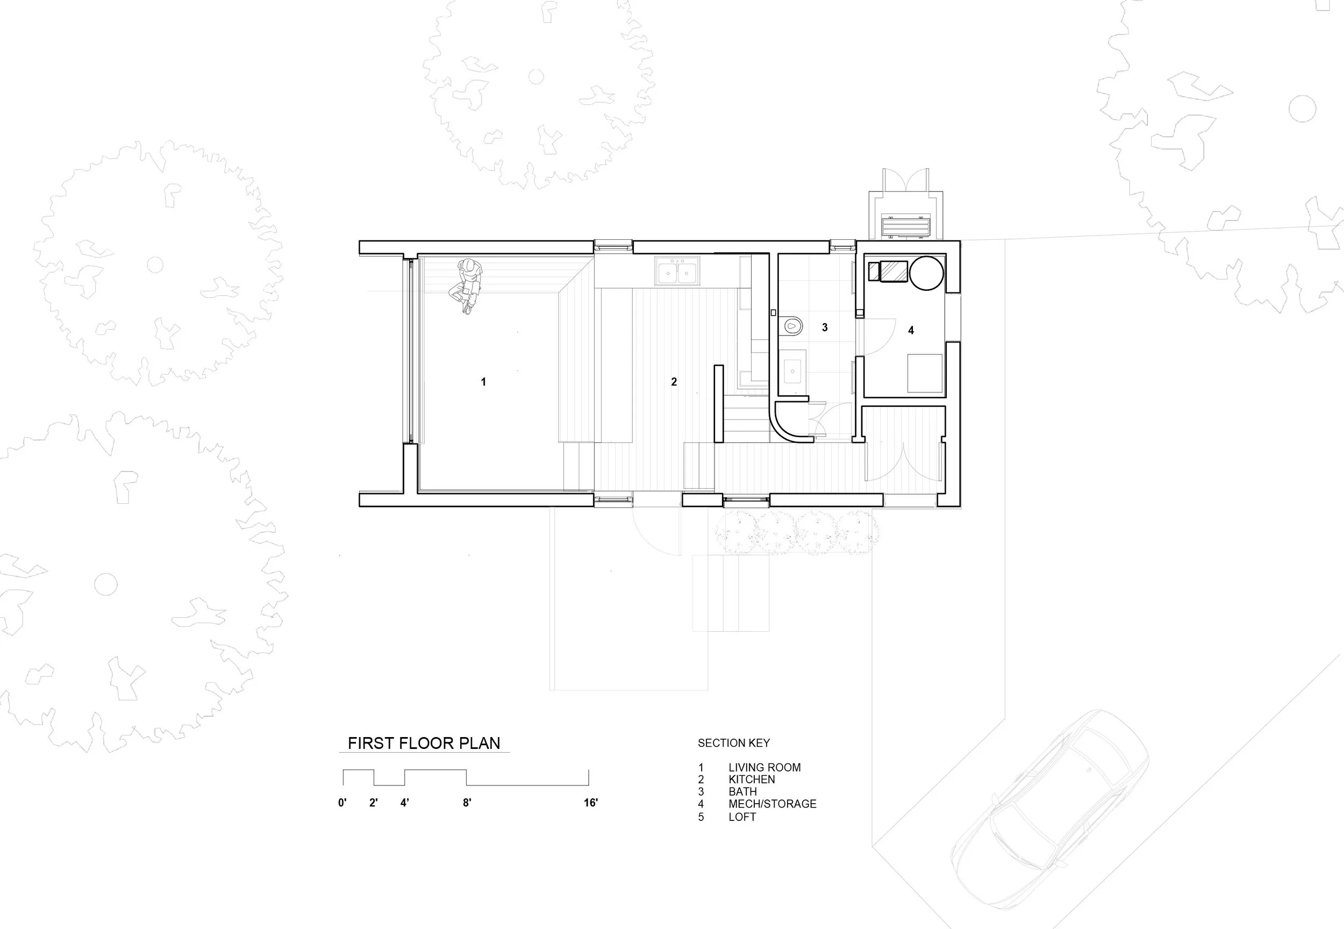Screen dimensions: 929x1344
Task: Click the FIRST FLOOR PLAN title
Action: [x=424, y=744]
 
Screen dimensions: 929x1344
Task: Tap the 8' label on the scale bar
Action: [x=467, y=803]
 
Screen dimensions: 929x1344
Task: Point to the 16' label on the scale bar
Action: [x=590, y=803]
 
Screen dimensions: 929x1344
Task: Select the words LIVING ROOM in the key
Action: [x=764, y=768]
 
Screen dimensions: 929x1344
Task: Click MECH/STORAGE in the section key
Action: [x=772, y=804]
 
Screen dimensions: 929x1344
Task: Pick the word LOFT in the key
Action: [x=742, y=817]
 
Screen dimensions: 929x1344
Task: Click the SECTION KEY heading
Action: [x=733, y=744]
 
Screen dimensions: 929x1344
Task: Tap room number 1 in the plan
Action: [x=483, y=382]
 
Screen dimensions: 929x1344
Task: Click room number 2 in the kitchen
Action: [x=674, y=382]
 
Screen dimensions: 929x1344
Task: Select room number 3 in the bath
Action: [x=824, y=327]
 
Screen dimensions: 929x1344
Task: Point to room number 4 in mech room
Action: [x=911, y=330]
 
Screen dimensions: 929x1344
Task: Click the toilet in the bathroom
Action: [x=791, y=325]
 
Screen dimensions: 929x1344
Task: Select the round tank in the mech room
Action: [x=926, y=273]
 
